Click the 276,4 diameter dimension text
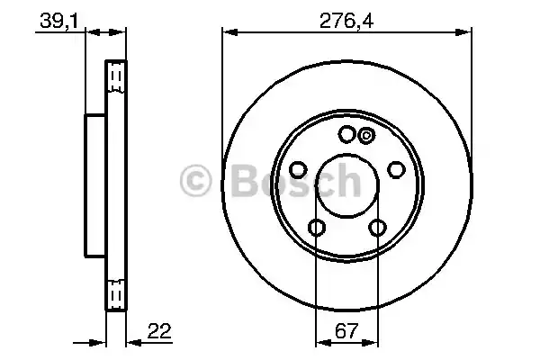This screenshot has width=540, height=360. pos(347,17)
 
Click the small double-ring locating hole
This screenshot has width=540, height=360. pos(366,136)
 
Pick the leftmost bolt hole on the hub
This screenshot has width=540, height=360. pos(299,170)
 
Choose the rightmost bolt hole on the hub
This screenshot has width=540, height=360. pos(396,170)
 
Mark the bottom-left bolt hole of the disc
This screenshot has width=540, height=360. pos(317,228)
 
